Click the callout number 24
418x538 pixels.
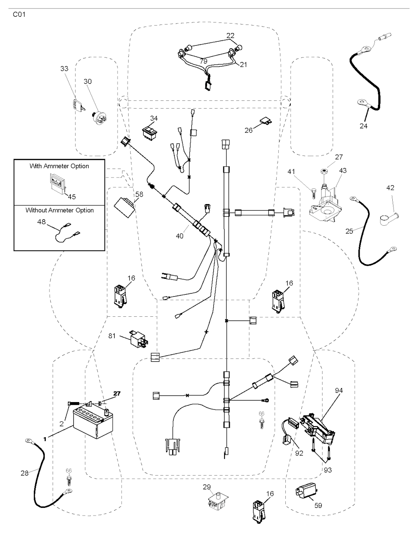click(x=363, y=126)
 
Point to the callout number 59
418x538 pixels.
click(x=318, y=505)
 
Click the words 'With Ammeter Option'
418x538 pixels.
click(x=59, y=166)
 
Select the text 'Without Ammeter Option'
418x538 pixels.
click(x=60, y=210)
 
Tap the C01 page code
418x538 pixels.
click(x=19, y=15)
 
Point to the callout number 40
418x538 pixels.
click(x=180, y=236)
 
